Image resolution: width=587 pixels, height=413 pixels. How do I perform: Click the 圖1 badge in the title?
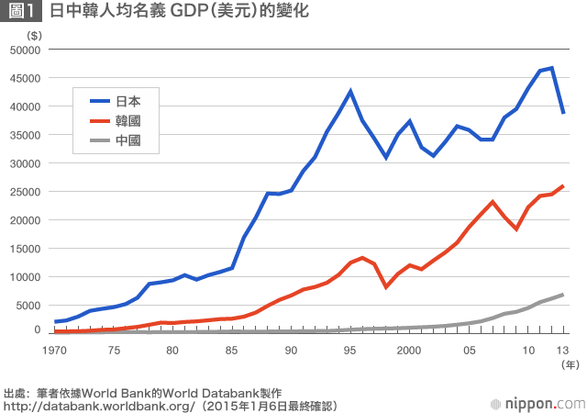20,13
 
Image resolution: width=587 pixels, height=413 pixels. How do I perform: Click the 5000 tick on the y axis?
28,305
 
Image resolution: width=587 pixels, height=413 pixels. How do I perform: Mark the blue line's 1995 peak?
350,91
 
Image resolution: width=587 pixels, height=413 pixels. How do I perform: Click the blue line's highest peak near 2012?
551,68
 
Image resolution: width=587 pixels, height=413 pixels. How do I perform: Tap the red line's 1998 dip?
386,287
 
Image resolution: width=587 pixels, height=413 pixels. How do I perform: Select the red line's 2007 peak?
493,202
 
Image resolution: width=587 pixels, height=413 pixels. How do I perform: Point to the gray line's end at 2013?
562,295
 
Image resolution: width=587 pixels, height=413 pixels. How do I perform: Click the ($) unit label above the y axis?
34,35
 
